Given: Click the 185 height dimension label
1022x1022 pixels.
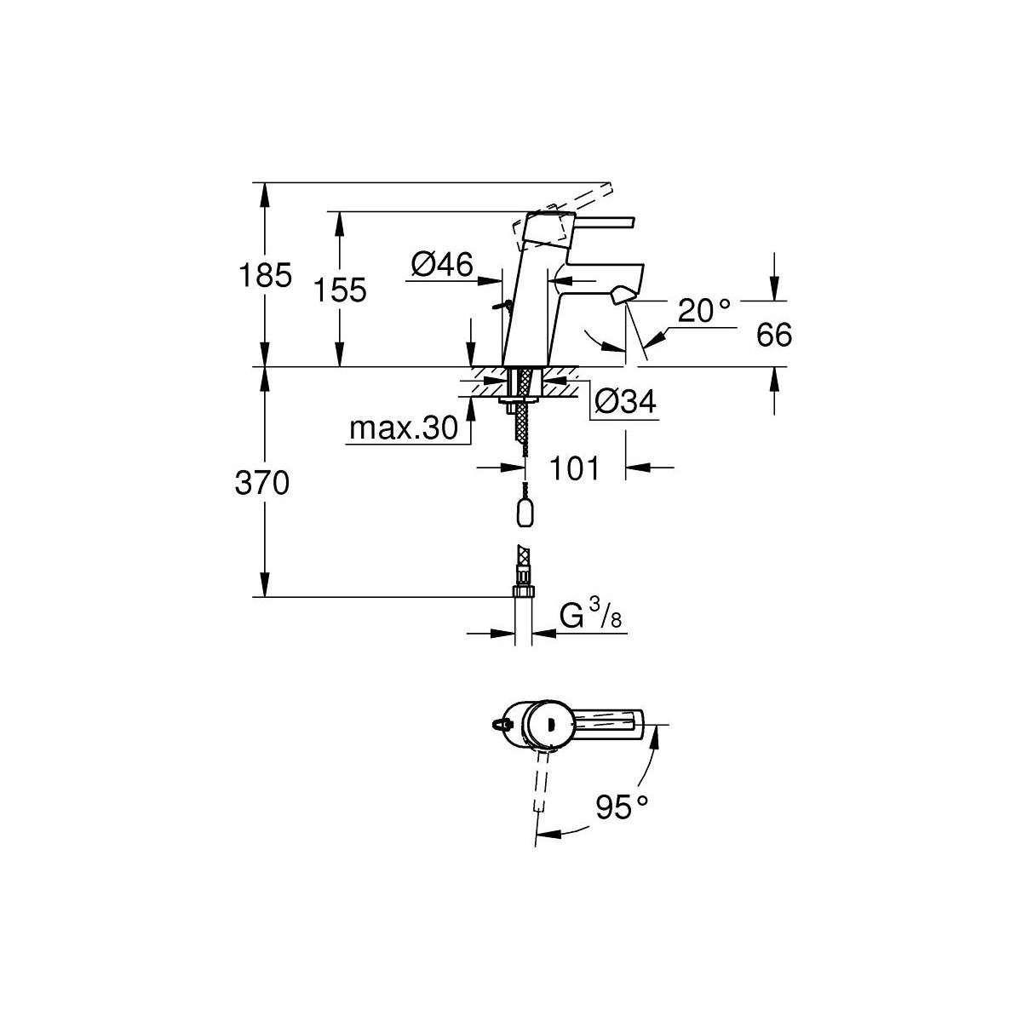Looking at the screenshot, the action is (265, 276).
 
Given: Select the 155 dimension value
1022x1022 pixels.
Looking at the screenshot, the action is (340, 290).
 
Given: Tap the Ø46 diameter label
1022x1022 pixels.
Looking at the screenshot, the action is (442, 264).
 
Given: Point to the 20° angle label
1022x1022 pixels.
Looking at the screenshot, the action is (704, 310).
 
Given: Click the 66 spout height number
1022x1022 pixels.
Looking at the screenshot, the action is (774, 335).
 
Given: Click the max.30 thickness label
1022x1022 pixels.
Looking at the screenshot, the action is (404, 428).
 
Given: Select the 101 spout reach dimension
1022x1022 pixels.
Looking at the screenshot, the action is (574, 468).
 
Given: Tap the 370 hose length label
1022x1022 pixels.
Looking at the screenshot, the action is (262, 483).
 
